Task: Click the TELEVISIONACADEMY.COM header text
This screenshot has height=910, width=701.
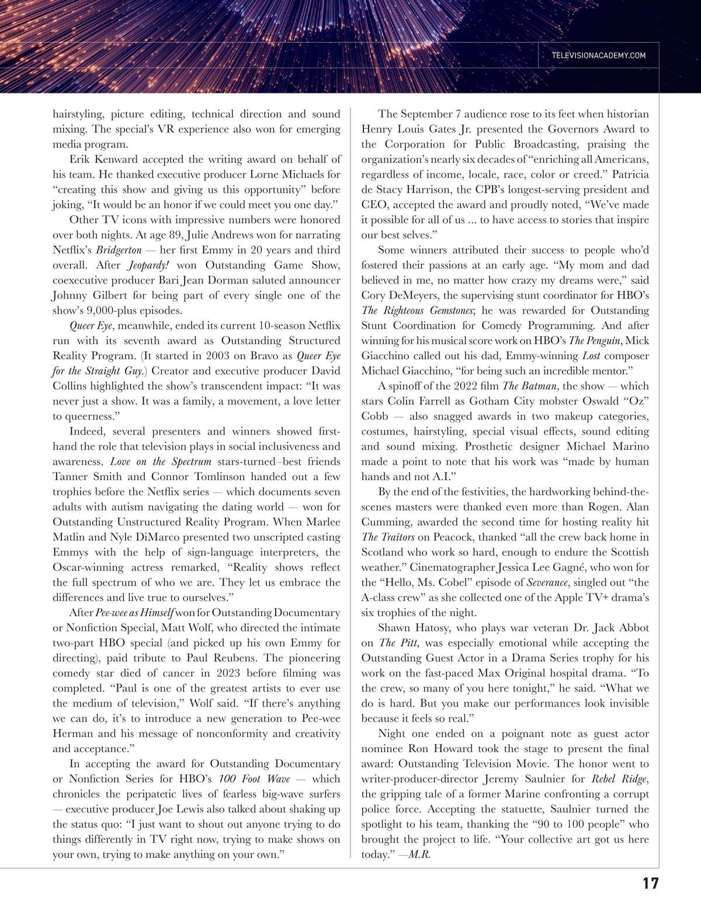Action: (598, 55)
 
